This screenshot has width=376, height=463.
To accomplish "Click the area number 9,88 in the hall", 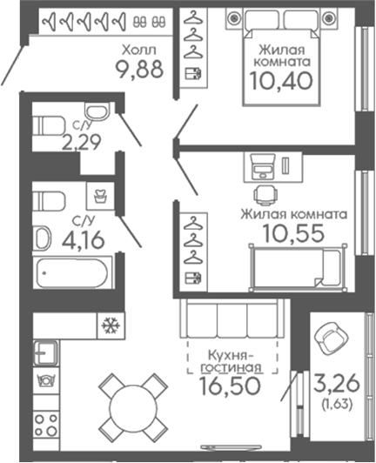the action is click(139, 70).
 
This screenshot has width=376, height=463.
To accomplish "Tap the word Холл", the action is click(139, 50).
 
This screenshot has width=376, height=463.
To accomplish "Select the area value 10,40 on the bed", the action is click(281, 81).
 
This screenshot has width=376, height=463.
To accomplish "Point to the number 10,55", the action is click(294, 233).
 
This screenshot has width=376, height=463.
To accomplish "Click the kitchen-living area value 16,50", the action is click(230, 386).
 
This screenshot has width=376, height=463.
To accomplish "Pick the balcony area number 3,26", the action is click(337, 383).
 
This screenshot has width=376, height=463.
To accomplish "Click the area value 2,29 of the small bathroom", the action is click(81, 142).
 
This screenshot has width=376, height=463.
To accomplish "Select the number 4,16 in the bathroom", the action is click(84, 239).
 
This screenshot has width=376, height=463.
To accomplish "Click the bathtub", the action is click(71, 273).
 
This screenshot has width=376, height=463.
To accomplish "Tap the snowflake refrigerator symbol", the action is click(111, 325).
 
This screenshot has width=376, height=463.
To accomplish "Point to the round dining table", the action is click(133, 407).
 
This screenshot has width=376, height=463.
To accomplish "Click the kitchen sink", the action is click(45, 352).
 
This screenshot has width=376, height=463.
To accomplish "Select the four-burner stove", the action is click(46, 426).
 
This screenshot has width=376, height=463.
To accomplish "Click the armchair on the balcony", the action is click(331, 337).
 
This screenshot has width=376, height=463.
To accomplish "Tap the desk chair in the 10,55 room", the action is click(265, 195).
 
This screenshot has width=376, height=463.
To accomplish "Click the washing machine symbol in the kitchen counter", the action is click(46, 380).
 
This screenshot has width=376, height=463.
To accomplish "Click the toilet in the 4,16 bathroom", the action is click(49, 201).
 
